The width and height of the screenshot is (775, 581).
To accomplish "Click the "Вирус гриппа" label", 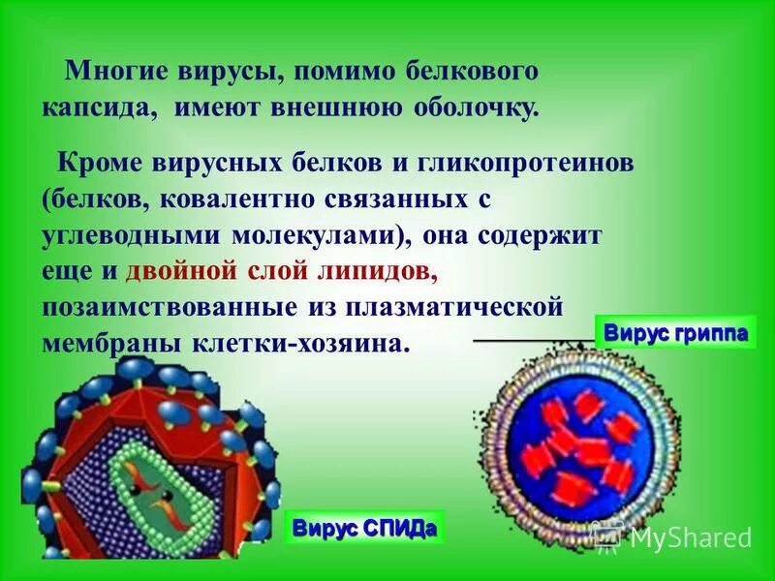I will coord(675,332).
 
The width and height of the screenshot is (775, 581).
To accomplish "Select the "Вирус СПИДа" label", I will coord(363,528).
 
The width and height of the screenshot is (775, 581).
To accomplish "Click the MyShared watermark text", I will coord(690,535).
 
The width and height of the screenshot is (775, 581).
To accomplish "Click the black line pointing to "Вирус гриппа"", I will coord(533,341).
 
